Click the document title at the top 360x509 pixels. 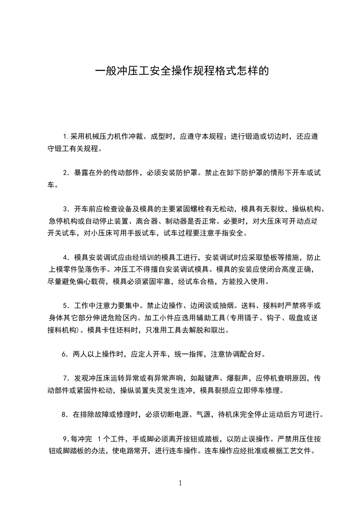180,71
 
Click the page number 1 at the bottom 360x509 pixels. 180,483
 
